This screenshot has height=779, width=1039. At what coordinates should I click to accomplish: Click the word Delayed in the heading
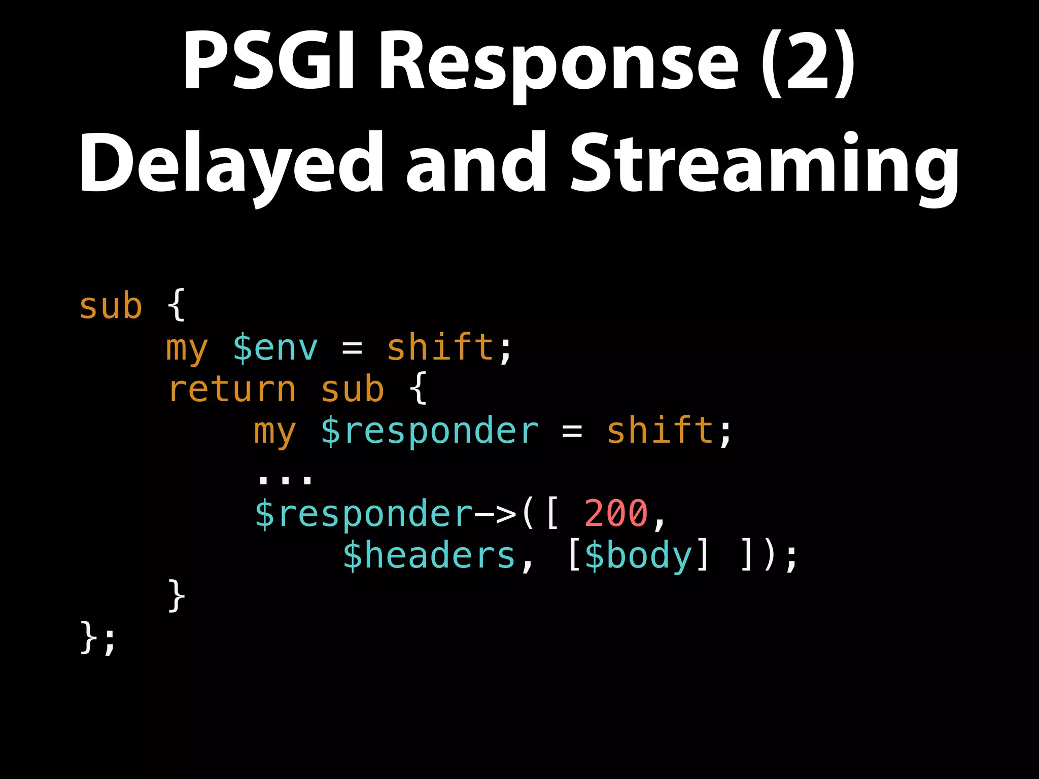tap(231, 165)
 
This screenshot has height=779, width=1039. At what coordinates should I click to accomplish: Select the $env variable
tap(275, 348)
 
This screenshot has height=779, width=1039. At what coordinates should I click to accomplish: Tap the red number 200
tap(616, 513)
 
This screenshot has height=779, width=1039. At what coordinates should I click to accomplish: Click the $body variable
tap(638, 556)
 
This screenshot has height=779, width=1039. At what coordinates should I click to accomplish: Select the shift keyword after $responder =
tap(661, 431)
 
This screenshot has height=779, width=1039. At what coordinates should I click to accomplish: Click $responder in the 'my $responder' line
tap(429, 432)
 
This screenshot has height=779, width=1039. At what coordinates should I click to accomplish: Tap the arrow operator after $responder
tap(495, 514)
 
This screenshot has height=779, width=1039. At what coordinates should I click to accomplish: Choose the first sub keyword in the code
tap(111, 306)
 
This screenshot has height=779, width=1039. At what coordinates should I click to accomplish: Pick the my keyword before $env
tap(187, 349)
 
